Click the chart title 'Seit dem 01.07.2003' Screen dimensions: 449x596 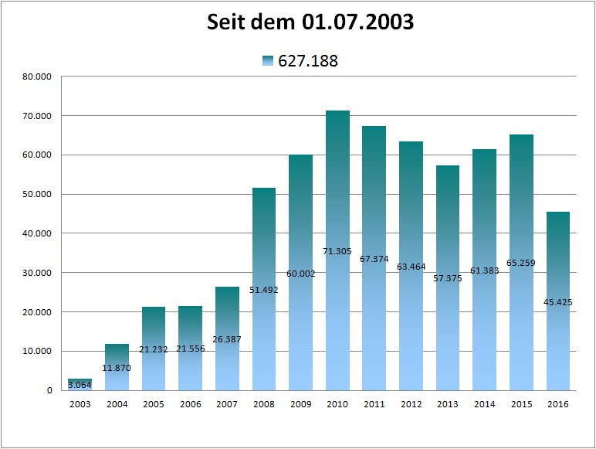click(310, 23)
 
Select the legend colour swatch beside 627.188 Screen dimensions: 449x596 click(268, 61)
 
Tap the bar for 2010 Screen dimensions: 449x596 click(337, 250)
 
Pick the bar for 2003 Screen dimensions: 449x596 click(80, 384)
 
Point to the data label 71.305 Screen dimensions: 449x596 click(337, 251)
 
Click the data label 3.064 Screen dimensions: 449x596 click(80, 384)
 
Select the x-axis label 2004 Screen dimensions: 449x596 click(117, 404)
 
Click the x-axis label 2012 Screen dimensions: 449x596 click(411, 404)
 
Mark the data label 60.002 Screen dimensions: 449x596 click(301, 273)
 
